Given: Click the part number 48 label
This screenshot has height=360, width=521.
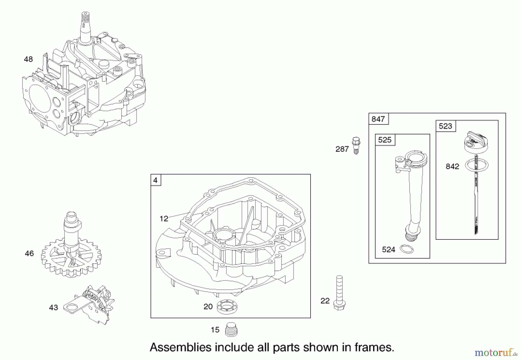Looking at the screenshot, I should point(28,59).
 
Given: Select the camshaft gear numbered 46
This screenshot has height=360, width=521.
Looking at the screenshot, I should point(71,255).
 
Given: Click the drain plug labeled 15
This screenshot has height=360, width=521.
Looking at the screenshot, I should point(231,330).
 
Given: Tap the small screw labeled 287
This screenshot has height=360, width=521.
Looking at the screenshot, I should point(356,145).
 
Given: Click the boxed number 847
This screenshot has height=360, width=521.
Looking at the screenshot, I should point(378,119).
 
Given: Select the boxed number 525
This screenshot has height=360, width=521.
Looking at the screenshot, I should point(385,140).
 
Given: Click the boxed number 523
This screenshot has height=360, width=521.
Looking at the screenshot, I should point(445,126).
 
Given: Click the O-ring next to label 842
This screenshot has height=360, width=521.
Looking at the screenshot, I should point(476,165).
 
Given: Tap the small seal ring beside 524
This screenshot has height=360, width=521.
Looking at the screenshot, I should point(406,249).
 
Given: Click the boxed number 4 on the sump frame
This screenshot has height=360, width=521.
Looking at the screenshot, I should point(155,180).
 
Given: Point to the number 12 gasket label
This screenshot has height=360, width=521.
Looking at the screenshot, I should point(164,219).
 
